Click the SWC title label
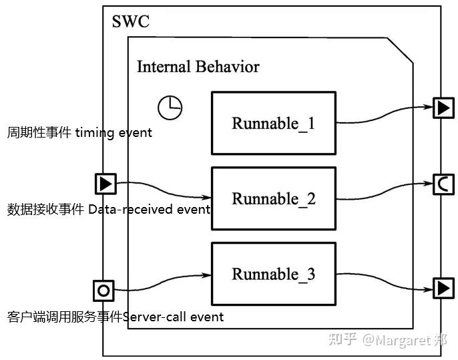(x=131, y=21)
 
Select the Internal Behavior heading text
(x=198, y=67)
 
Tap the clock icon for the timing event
(x=170, y=108)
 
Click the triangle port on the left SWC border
(x=105, y=184)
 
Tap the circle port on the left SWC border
(x=103, y=291)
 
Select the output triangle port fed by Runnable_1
(x=443, y=108)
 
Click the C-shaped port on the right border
(x=443, y=184)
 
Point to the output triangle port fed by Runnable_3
(x=443, y=289)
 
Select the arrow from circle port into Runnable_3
(x=162, y=282)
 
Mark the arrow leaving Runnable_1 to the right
(x=385, y=116)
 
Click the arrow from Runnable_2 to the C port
(x=385, y=192)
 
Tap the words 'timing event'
(x=113, y=133)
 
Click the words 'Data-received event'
(x=149, y=210)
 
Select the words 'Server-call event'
(x=173, y=317)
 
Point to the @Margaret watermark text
(x=405, y=340)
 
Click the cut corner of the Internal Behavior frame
(x=400, y=50)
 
